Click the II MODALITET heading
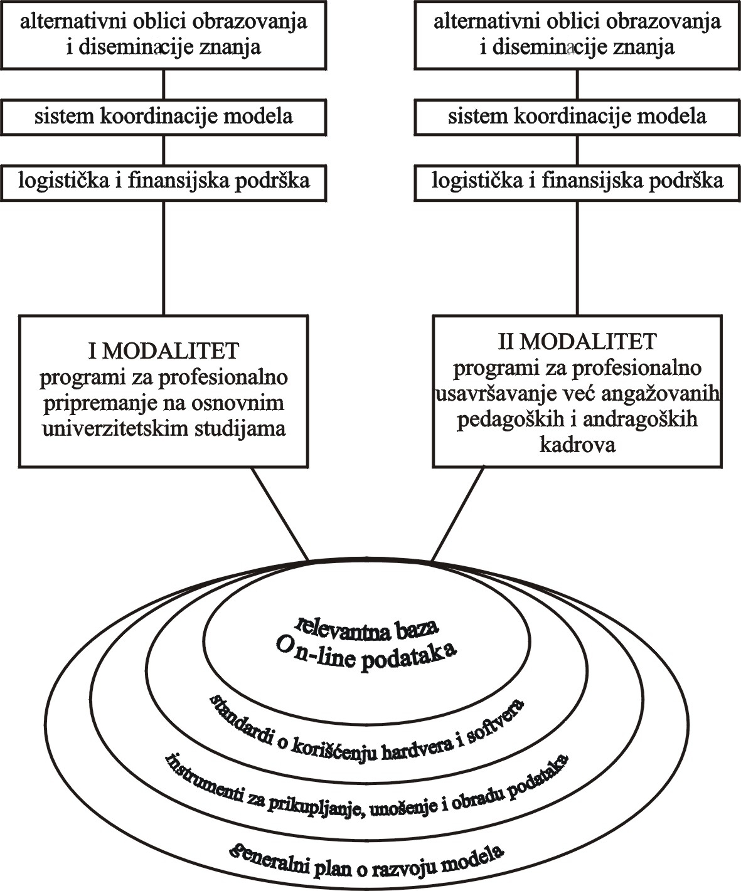(577, 342)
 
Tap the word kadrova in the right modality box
(577, 445)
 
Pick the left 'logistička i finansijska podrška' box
(164, 182)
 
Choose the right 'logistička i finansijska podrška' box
(577, 182)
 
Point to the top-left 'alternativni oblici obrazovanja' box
(164, 34)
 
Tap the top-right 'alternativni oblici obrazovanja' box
(577, 34)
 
